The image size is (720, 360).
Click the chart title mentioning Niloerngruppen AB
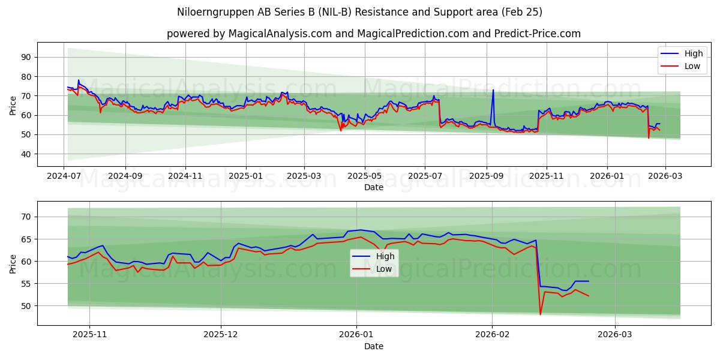[360, 12]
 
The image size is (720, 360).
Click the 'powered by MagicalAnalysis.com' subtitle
[373, 34]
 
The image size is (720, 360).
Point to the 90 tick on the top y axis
[26, 57]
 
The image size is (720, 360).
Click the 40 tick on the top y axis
[26, 154]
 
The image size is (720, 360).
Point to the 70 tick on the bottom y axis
[26, 217]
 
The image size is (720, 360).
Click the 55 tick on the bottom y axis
[26, 284]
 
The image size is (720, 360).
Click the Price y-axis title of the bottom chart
[13, 263]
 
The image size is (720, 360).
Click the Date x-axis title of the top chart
[373, 187]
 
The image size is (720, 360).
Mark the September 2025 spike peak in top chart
[493, 90]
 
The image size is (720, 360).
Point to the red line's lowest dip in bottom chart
[540, 314]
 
